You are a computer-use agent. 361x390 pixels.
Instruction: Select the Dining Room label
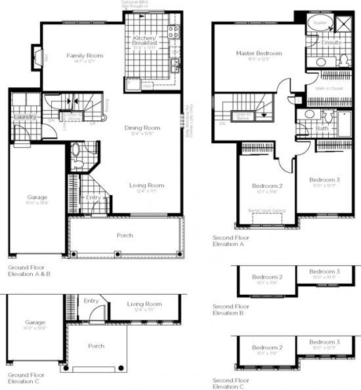coord(142,127)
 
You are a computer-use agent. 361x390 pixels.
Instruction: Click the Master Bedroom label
coord(259,53)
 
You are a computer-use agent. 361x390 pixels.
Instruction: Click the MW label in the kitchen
coord(148,85)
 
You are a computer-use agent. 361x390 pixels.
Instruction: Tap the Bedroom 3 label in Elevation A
coord(324,180)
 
